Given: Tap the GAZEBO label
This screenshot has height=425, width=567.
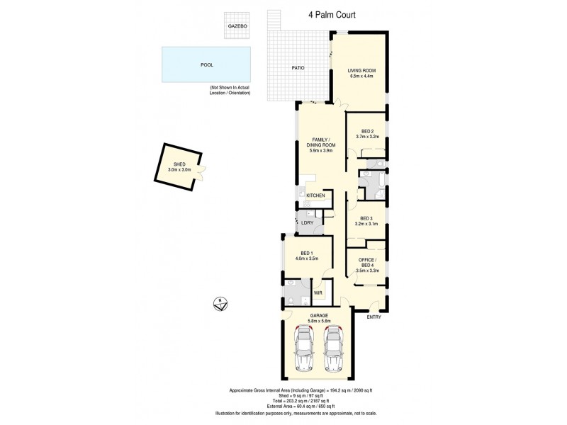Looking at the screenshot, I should pyautogui.click(x=237, y=26).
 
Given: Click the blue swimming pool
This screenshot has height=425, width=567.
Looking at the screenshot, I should pyautogui.click(x=206, y=64).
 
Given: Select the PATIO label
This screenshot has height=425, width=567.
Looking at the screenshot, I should pyautogui.click(x=298, y=68).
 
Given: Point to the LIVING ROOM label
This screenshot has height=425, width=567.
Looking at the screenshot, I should pyautogui.click(x=361, y=70).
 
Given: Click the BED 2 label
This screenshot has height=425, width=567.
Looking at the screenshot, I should pyautogui.click(x=366, y=131).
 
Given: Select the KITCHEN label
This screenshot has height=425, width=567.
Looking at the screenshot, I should pyautogui.click(x=315, y=195).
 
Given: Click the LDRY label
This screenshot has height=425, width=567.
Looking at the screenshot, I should pyautogui.click(x=307, y=223).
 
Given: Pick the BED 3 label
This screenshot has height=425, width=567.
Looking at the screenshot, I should pyautogui.click(x=366, y=218).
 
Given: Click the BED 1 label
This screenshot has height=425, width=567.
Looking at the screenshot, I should pyautogui.click(x=307, y=254).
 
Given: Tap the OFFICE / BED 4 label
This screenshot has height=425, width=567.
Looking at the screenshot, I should pyautogui.click(x=366, y=261).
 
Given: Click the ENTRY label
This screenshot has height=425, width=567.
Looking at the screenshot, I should pyautogui.click(x=374, y=317).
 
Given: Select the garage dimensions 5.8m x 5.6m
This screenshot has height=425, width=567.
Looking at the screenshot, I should pyautogui.click(x=318, y=321).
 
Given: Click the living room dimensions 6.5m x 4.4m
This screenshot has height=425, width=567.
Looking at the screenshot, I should pyautogui.click(x=361, y=76).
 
